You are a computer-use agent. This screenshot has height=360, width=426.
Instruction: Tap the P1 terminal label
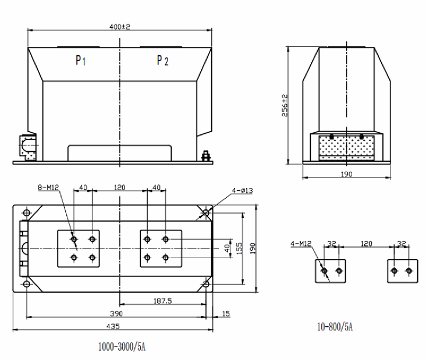click(x=81, y=60)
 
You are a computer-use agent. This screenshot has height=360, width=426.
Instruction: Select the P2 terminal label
click(x=162, y=60)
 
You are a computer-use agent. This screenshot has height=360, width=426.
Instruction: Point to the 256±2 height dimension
click(x=284, y=105)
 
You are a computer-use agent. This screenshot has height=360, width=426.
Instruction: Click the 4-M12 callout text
click(x=301, y=245)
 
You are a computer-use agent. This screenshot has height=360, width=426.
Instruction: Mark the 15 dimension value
click(x=226, y=314)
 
